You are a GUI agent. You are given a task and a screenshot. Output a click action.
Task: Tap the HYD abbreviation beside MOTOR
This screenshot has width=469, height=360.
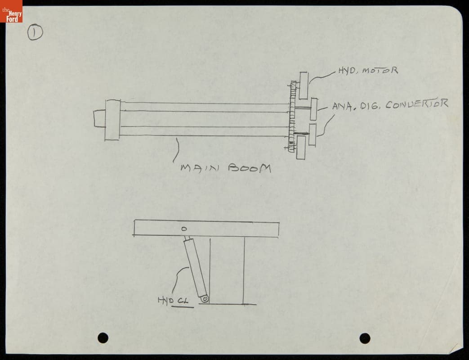point(348,71)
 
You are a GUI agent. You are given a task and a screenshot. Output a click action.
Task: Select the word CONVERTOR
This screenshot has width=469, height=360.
point(417,105)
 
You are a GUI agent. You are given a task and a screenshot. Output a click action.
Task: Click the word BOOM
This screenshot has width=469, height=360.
point(250,168)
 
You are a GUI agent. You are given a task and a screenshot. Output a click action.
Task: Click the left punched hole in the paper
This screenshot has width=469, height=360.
point(103,337)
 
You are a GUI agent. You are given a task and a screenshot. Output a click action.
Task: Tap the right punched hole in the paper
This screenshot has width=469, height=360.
point(365,338)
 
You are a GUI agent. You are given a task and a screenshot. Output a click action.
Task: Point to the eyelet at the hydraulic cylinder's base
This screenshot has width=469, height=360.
point(205,298)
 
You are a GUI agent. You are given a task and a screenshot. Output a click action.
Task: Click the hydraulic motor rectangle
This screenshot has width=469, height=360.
point(304,85)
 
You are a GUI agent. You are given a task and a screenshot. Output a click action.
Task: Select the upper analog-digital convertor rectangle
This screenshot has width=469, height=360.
point(313,109)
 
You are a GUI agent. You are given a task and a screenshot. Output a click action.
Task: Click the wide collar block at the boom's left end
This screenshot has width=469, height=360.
point(112,120)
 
